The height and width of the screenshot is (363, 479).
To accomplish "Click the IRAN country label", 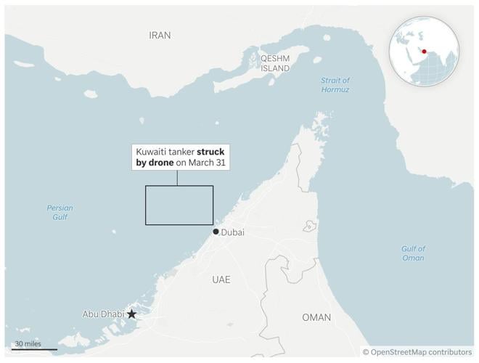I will click(x=160, y=35).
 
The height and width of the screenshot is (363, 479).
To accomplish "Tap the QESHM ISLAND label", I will click(x=275, y=63).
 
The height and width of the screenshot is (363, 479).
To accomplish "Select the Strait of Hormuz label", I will click(x=335, y=85).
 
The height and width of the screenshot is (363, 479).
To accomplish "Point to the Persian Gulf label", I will click(x=60, y=212).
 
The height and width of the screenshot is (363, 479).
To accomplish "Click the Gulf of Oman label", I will click(x=413, y=253).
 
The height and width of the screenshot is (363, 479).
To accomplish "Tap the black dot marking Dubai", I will click(x=216, y=232).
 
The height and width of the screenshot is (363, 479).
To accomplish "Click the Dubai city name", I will click(x=233, y=232).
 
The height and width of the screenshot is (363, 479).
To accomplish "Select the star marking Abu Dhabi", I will click(x=132, y=314).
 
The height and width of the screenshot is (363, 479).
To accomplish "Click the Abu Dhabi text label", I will click(x=103, y=314).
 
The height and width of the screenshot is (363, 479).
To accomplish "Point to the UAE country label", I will click(x=221, y=280).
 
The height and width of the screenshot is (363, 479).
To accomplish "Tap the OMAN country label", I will click(x=316, y=317).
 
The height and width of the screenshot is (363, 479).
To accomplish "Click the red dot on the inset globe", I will click(x=423, y=51).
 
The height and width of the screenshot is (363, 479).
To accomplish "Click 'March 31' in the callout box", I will click(x=209, y=163).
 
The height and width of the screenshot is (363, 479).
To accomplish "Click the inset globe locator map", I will click(x=424, y=52).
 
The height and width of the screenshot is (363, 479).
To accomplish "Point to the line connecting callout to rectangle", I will click(x=179, y=179).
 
